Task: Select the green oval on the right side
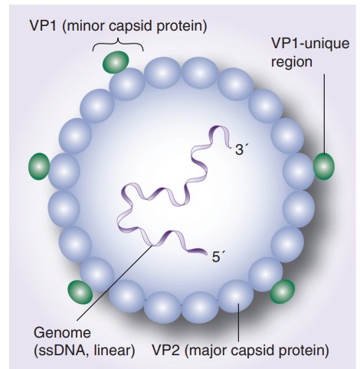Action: (325, 165)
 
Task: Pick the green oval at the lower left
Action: (80, 291)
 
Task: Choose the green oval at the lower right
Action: (283, 290)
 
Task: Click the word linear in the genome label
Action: (112, 351)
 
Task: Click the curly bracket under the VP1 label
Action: (118, 44)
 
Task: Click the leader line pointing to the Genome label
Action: (114, 282)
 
